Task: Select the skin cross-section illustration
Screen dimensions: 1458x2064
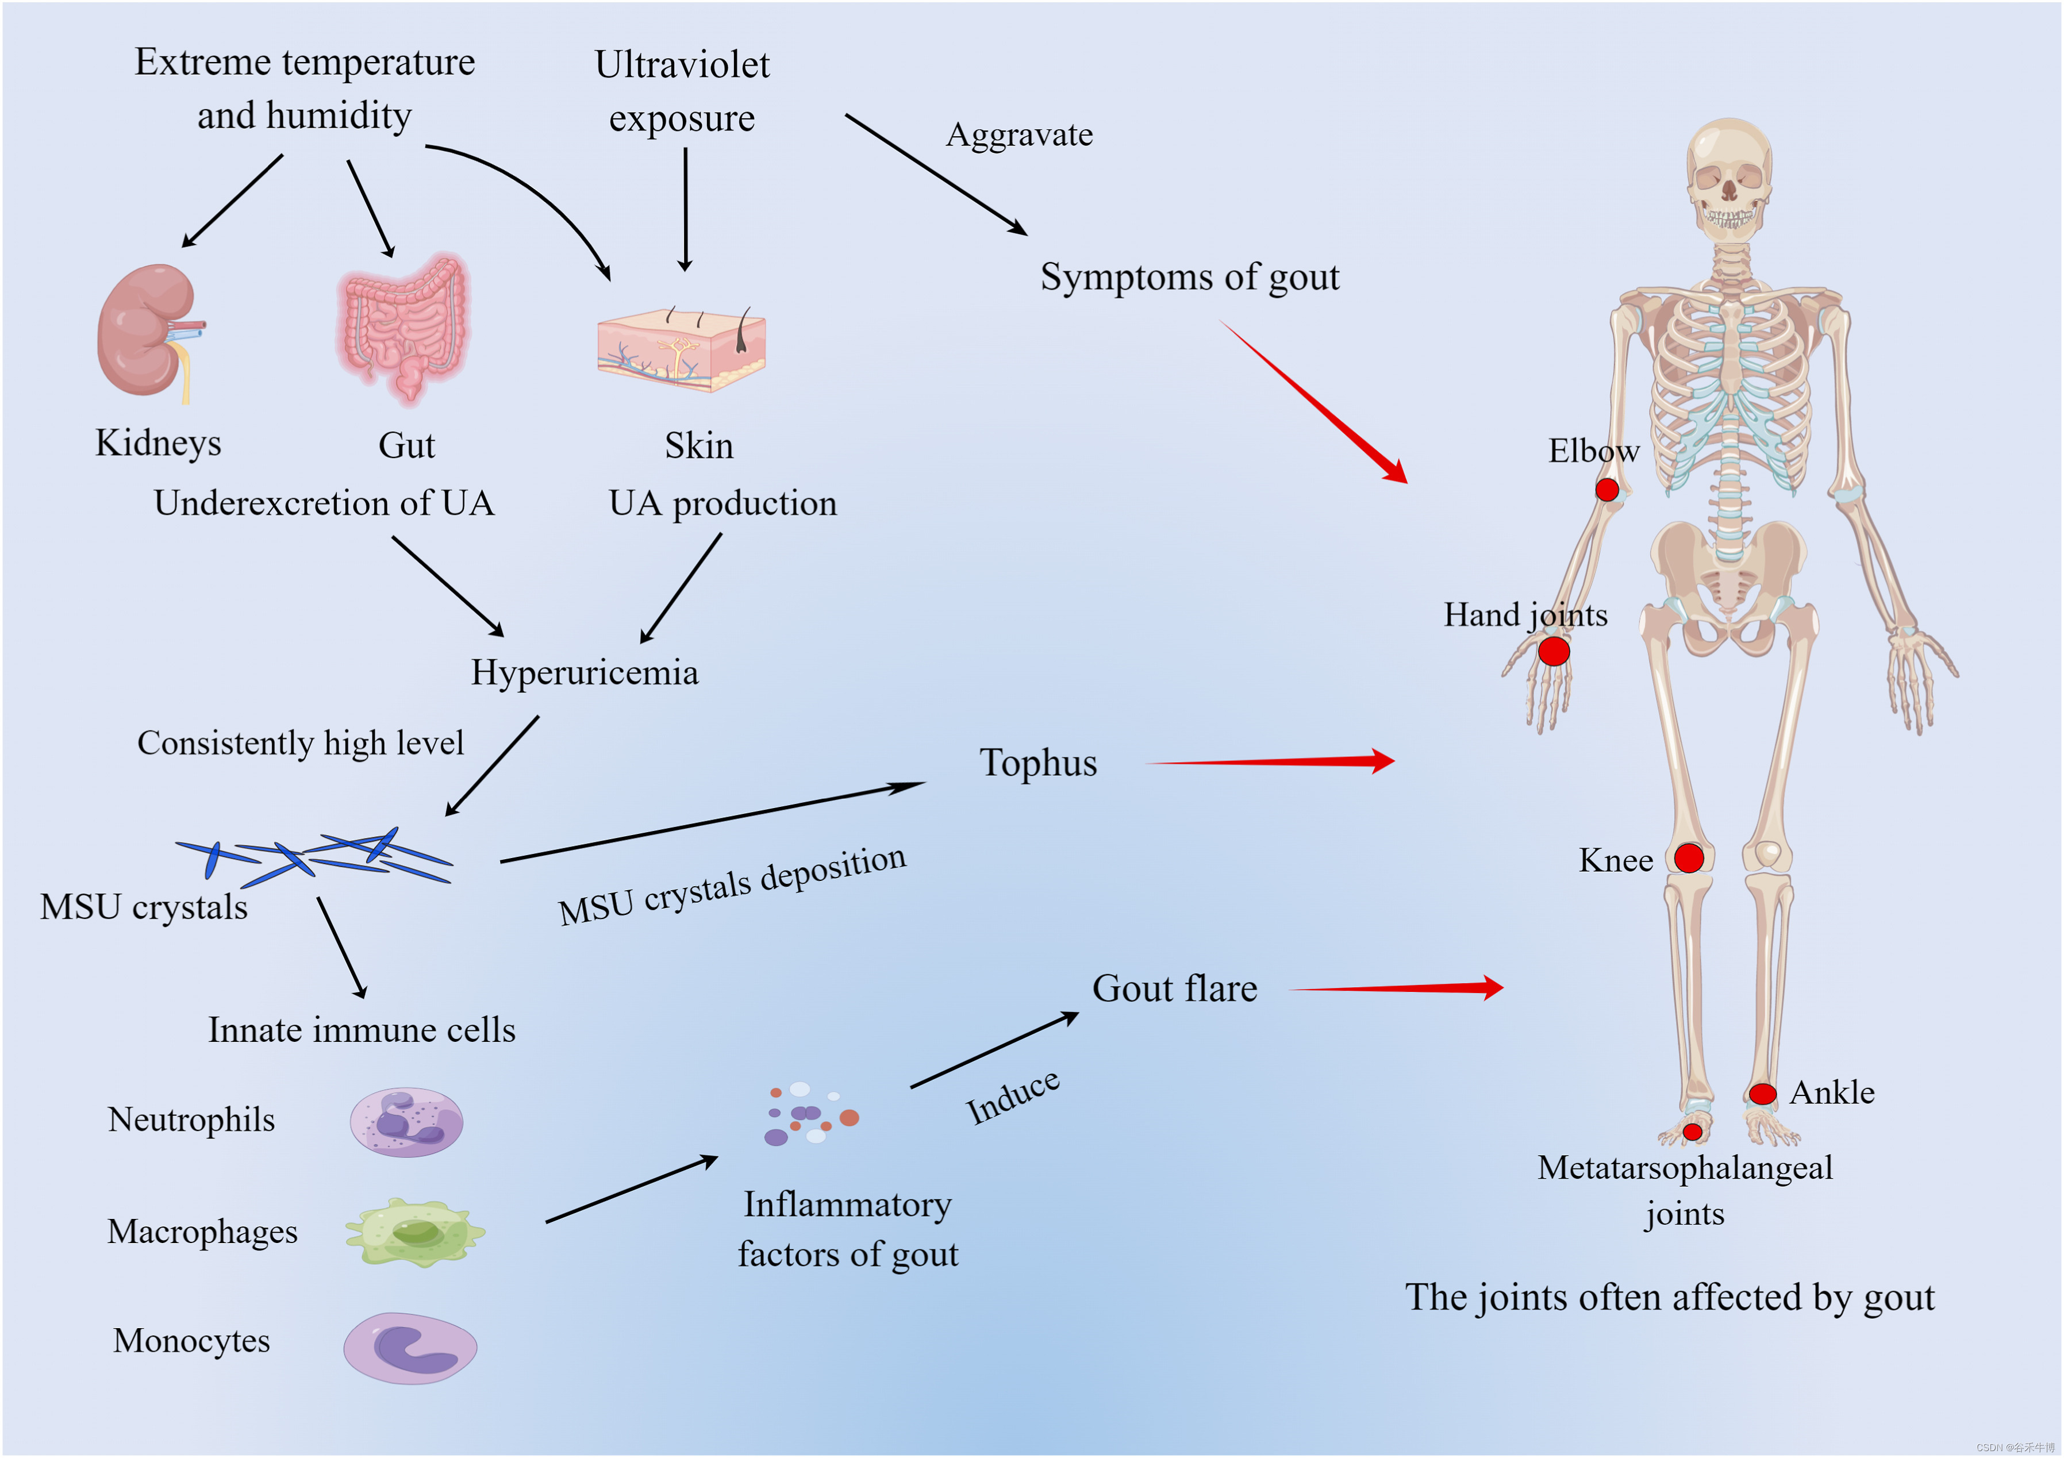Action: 682,349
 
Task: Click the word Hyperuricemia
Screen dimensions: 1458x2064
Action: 585,672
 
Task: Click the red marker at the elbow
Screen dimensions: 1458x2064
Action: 1607,490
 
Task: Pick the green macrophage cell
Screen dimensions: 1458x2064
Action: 414,1232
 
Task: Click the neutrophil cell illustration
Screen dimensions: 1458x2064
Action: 406,1122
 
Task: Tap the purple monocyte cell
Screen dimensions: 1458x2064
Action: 410,1348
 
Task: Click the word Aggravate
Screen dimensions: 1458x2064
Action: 1020,135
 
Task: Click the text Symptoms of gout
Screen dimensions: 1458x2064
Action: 1189,277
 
